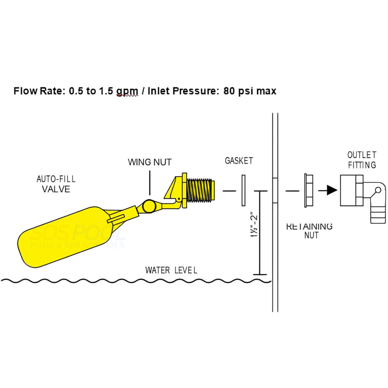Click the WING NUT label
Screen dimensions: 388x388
pos(150,162)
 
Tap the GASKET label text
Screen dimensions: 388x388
pos(239,161)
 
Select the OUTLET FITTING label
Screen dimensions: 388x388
pos(362,160)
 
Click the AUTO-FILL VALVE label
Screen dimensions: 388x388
pos(56,184)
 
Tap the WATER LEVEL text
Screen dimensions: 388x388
pos(171,270)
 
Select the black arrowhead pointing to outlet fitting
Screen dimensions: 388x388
pos(331,190)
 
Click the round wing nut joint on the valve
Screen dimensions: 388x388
pos(148,207)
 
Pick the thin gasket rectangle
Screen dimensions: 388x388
pos(243,191)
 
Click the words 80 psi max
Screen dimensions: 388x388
pos(250,91)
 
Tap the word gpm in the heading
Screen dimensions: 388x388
pos(127,91)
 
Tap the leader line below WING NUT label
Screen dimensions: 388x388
pos(150,183)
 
